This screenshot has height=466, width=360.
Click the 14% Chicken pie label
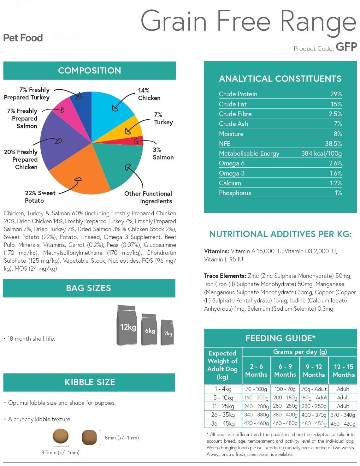point(149,94)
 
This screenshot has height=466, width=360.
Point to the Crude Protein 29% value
point(336,94)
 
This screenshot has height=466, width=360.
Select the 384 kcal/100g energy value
point(322,153)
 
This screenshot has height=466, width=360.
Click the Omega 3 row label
point(232,173)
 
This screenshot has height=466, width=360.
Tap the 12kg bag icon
point(127,325)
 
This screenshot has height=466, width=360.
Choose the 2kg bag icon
point(167,332)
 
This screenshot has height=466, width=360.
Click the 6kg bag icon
point(149,329)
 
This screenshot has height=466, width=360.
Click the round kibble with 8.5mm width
point(61,436)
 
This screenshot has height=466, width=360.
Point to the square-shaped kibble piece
point(89,437)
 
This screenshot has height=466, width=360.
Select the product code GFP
point(346,47)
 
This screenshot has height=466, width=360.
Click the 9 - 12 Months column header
point(314,371)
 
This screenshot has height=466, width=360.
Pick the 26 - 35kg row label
point(223,415)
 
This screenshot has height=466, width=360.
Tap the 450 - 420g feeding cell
point(343,424)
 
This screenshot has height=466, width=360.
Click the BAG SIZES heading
point(88,288)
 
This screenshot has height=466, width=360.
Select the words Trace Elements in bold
point(225,276)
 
